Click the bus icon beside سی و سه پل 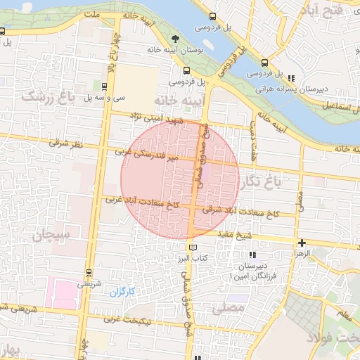tap(105, 86)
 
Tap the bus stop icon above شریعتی tap(89, 272)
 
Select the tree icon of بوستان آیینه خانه tap(175, 39)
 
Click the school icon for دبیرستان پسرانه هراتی tap(291, 78)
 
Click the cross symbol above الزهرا tap(302, 243)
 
